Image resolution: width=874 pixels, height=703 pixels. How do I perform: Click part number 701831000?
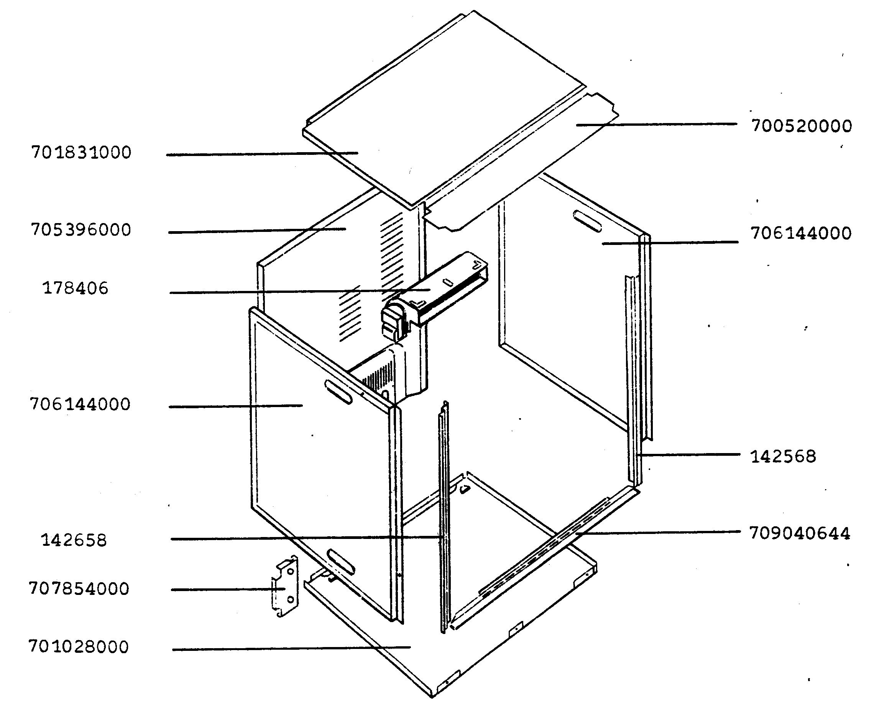pos(82,153)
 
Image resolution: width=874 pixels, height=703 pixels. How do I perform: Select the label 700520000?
pos(802,126)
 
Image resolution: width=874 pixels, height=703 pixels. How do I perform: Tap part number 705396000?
pos(81,230)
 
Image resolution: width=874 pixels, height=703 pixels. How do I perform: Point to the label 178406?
pos(76,288)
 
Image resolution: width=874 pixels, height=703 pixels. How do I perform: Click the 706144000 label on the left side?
pos(80,404)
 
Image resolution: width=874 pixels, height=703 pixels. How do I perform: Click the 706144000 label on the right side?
pos(801,233)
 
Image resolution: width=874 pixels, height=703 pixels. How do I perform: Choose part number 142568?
pos(783,457)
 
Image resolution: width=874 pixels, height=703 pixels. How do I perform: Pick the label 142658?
pos(74,540)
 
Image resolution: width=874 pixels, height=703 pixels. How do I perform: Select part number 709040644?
pos(800,533)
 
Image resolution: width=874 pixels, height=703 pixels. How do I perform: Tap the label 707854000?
pos(79,588)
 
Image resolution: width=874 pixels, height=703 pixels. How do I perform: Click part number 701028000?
pos(79,646)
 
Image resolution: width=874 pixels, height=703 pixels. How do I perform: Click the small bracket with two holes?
pos(285,586)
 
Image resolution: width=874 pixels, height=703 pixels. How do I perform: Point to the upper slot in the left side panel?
pos(338,392)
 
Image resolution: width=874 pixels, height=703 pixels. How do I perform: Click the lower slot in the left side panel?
pos(341,561)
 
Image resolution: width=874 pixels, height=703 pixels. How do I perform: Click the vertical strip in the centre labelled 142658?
pos(444,517)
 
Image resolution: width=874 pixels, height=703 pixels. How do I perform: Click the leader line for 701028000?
pos(291,648)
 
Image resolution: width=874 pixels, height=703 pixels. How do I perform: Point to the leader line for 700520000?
pos(656,125)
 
